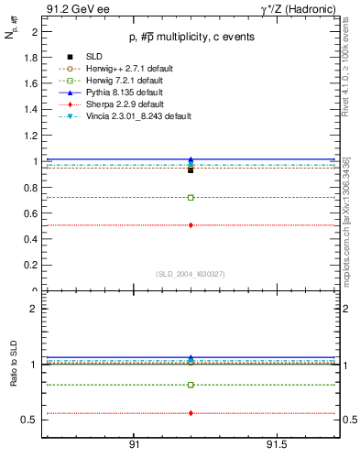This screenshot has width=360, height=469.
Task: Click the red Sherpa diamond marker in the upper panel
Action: [191, 225]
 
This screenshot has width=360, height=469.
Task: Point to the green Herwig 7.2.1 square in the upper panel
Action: [191, 197]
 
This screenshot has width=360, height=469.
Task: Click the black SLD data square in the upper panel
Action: [191, 170]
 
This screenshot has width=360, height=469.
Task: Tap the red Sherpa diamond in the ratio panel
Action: [191, 413]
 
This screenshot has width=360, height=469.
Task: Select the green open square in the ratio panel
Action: [191, 385]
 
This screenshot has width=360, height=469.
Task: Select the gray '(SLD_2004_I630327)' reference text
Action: [191, 274]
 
